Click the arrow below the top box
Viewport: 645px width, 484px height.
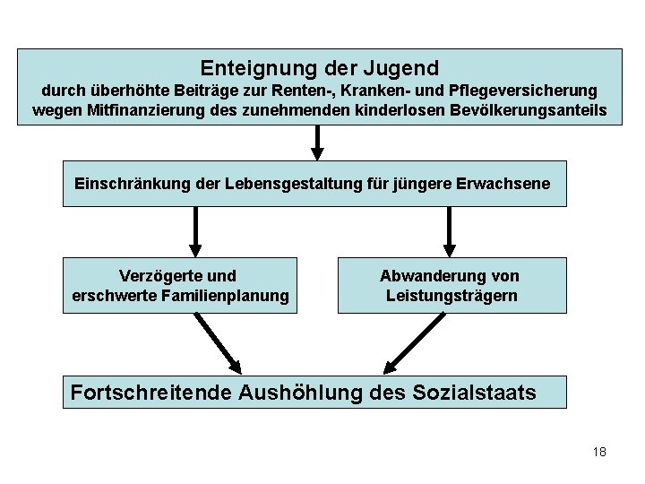point(317,142)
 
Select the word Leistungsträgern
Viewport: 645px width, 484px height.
point(451,296)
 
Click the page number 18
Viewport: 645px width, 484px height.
point(598,452)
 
